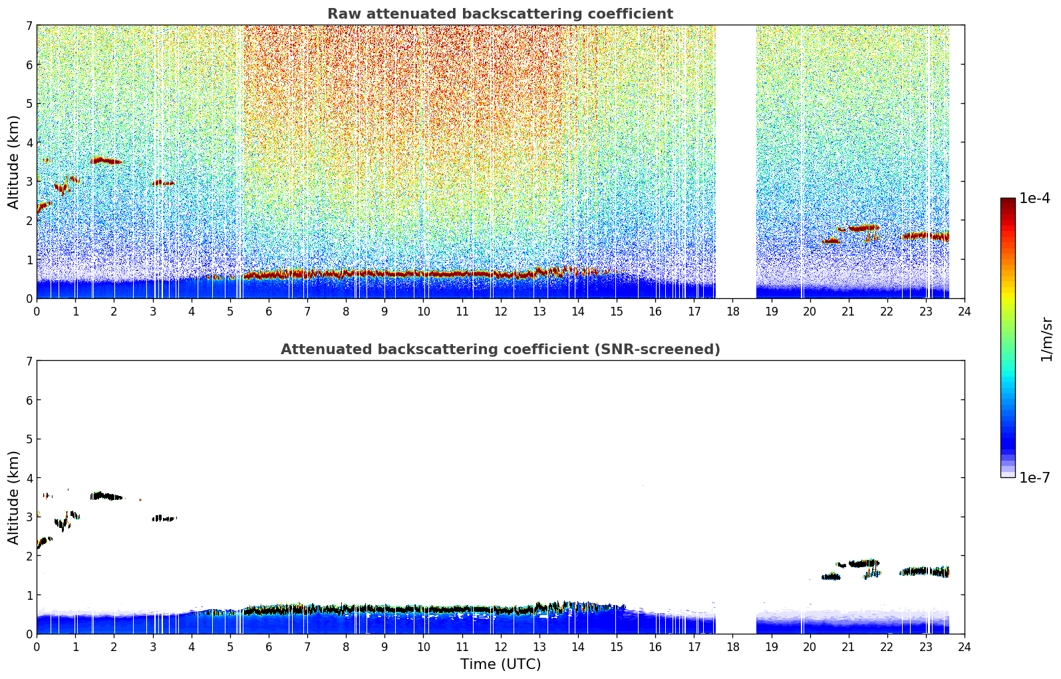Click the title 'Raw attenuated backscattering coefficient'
tap(500, 14)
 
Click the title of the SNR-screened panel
tap(500, 349)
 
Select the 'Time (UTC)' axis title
tap(500, 664)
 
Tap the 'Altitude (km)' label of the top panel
tap(13, 162)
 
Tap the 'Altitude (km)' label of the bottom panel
tap(13, 497)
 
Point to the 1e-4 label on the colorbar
tap(1034, 198)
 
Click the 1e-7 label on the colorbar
tap(1034, 477)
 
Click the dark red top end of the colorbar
tap(1008, 200)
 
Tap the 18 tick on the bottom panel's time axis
tap(733, 647)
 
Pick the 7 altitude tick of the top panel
tap(29, 25)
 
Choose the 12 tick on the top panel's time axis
tap(501, 312)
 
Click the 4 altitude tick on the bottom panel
tap(29, 478)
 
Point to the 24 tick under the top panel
tap(965, 312)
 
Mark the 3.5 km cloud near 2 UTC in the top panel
tap(106, 160)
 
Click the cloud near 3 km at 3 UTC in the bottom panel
tap(164, 519)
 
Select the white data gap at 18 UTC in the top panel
tap(736, 162)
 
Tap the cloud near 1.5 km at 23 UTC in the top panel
tap(925, 236)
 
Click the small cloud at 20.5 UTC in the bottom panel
tap(831, 576)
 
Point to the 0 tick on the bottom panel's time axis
tap(37, 647)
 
